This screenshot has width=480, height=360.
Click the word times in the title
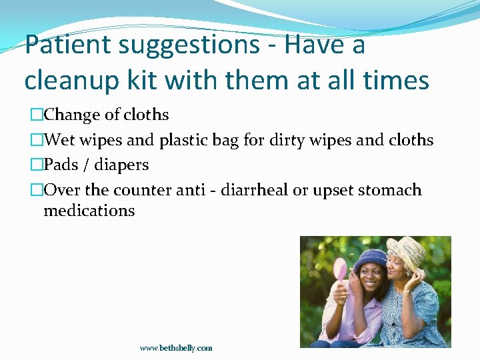[x=396, y=80]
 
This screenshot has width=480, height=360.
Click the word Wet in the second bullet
[x=60, y=140]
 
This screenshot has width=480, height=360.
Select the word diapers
[x=123, y=165]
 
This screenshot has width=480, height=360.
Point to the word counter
[x=143, y=190]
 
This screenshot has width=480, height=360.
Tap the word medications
[x=89, y=211]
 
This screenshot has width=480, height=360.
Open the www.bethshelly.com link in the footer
[x=176, y=348]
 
